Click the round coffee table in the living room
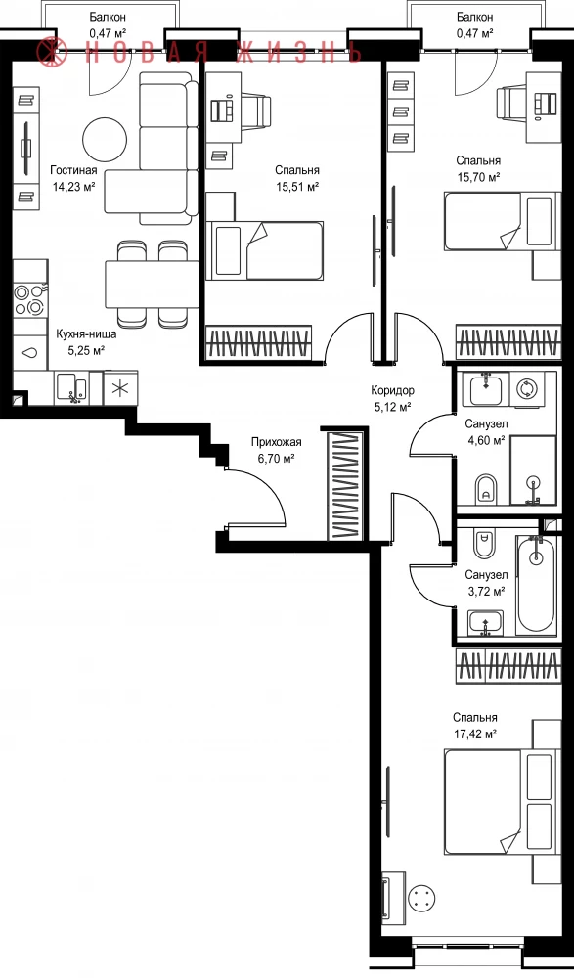coord(106,140)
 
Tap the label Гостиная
coord(73,170)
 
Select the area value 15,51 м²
coord(297,186)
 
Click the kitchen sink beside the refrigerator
coord(71,388)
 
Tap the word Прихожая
coord(276,442)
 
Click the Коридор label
coord(392,391)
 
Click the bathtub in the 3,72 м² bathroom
coord(536,583)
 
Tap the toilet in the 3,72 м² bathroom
coord(484,543)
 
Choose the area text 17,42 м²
coord(475,734)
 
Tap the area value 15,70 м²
coord(478,177)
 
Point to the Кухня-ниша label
coord(86,333)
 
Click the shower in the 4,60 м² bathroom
coord(533,469)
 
